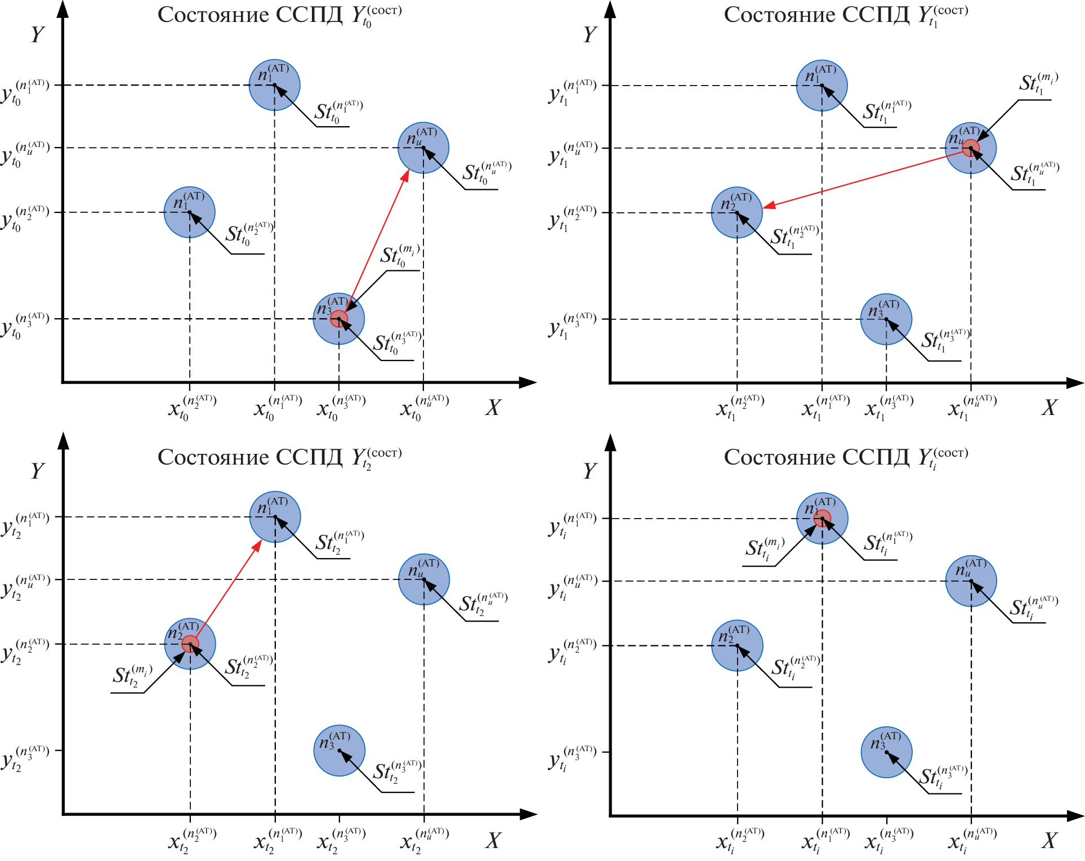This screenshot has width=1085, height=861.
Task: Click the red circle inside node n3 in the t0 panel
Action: coord(338,319)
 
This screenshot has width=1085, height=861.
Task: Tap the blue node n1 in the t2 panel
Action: coord(275,517)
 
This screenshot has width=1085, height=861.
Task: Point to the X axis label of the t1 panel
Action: coord(1048,407)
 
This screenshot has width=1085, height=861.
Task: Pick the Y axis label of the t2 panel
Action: coord(37,471)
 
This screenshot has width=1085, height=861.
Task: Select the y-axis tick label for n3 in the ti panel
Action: coord(571,757)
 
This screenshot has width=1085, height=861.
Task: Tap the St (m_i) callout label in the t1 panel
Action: coord(1038,84)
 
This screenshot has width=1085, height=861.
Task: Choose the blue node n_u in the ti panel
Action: coord(971,581)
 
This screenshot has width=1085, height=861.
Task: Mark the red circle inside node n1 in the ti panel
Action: coord(822,518)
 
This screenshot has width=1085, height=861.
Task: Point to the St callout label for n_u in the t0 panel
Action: coord(486,173)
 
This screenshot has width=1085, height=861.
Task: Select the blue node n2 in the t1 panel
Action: coord(736,213)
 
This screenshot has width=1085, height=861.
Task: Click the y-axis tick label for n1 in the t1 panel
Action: coord(571,92)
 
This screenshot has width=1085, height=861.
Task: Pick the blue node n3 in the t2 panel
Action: coord(339,751)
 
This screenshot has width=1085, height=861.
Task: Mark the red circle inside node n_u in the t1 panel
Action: coord(971,148)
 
